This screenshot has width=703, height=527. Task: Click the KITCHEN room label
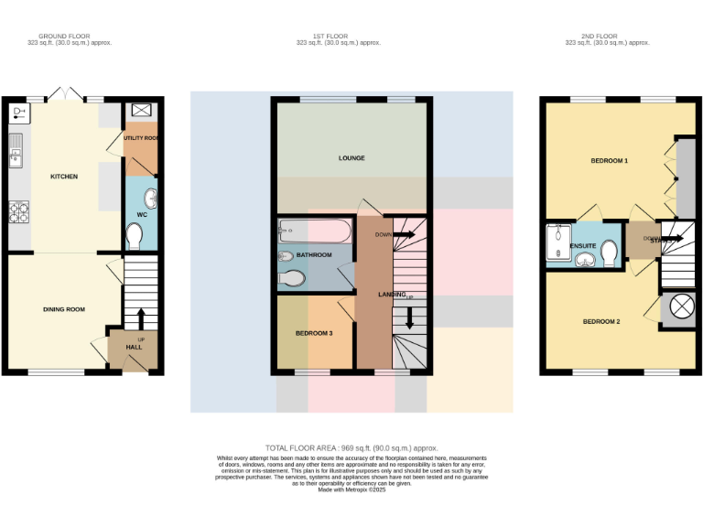pyautogui.click(x=64, y=177)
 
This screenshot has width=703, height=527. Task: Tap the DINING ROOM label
pyautogui.click(x=64, y=309)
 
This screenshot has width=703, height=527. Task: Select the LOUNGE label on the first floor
pyautogui.click(x=351, y=158)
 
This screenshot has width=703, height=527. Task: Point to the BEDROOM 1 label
pyautogui.click(x=609, y=161)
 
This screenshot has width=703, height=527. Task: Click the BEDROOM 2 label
pyautogui.click(x=602, y=321)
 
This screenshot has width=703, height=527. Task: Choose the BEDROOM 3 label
pyautogui.click(x=314, y=333)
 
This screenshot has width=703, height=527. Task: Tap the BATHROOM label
pyautogui.click(x=314, y=255)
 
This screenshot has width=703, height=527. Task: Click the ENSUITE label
pyautogui.click(x=583, y=246)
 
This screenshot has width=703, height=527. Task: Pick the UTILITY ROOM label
pyautogui.click(x=141, y=137)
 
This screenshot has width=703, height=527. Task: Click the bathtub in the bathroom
pyautogui.click(x=309, y=229)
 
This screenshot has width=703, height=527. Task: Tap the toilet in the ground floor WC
pyautogui.click(x=135, y=237)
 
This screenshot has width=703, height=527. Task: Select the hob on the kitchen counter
pyautogui.click(x=18, y=212)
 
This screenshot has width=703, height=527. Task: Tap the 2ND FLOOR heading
pyautogui.click(x=607, y=37)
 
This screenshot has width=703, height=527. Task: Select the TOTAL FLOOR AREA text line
pyautogui.click(x=351, y=447)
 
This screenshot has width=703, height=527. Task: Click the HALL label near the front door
pyautogui.click(x=135, y=348)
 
